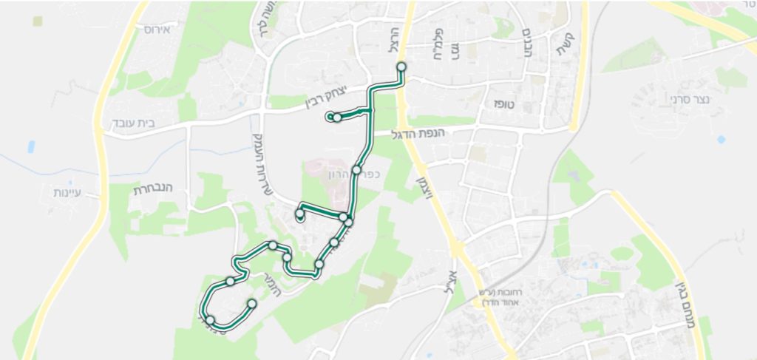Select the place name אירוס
(157, 30)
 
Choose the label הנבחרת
(152, 189)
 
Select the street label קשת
(571, 50)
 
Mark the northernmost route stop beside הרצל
(401, 67)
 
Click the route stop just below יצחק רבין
(337, 118)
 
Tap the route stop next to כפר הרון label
(356, 170)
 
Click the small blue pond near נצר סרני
(721, 139)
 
